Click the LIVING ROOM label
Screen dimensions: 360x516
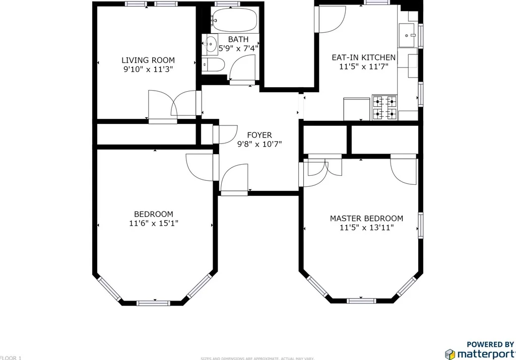[x=148, y=60]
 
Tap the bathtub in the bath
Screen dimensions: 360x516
[x=234, y=20]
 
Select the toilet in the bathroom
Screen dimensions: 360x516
[x=213, y=65]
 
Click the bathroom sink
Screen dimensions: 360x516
[x=210, y=43]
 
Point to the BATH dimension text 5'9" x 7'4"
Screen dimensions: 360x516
[x=238, y=49]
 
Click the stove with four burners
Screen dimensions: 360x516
[x=384, y=108]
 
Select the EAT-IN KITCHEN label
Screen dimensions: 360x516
[x=363, y=57]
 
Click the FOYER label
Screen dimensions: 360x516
[x=259, y=135]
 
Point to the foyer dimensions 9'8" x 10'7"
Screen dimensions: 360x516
[x=259, y=144]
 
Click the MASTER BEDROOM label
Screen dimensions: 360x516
[x=366, y=219]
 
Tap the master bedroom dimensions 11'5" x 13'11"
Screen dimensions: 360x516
[x=366, y=228]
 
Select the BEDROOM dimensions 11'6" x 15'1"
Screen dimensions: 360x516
[x=153, y=223]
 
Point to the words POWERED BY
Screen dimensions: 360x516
[x=490, y=344]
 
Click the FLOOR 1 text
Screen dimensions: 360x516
[x=11, y=357]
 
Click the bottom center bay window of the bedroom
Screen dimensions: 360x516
[x=153, y=303]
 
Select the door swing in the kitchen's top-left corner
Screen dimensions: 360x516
[x=330, y=20]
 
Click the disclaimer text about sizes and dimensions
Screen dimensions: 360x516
[x=257, y=358]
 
